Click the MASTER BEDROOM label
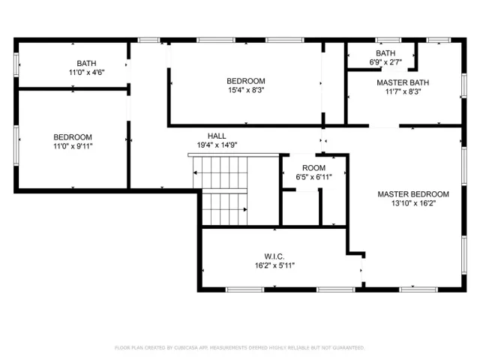(x=412, y=194)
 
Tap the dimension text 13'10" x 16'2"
(x=412, y=203)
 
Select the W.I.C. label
(x=274, y=256)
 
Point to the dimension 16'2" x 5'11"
(x=274, y=265)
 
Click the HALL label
(x=217, y=136)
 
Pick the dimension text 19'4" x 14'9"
(x=217, y=145)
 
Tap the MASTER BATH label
(x=402, y=83)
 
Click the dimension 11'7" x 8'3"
(x=402, y=92)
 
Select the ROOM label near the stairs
(x=313, y=167)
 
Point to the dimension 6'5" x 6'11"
(x=313, y=176)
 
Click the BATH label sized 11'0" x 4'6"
(x=86, y=63)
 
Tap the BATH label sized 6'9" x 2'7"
(x=385, y=53)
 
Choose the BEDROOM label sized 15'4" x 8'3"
(x=246, y=81)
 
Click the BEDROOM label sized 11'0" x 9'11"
(x=73, y=136)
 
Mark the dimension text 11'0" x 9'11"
(x=73, y=145)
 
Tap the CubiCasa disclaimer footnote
(x=239, y=348)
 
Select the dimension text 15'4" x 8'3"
(x=246, y=90)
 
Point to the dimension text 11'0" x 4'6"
(x=86, y=73)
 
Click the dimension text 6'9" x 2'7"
(x=385, y=62)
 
